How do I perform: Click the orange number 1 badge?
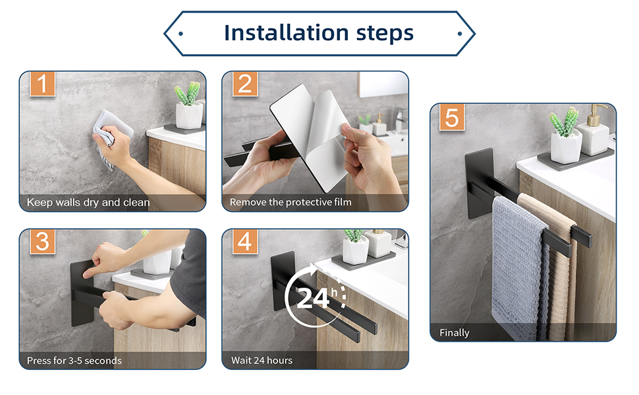pyautogui.click(x=42, y=84)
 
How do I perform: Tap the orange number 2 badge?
pyautogui.click(x=245, y=84)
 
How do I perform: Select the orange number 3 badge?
pyautogui.click(x=42, y=242)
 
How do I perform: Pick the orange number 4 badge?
pyautogui.click(x=245, y=242)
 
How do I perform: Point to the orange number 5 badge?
pyautogui.click(x=452, y=117)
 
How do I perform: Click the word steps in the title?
pyautogui.click(x=385, y=34)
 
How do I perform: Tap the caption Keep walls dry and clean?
pyautogui.click(x=88, y=202)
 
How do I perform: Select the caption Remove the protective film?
pyautogui.click(x=290, y=202)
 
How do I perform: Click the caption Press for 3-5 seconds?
pyautogui.click(x=74, y=360)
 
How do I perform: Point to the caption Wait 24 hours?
pyautogui.click(x=262, y=360)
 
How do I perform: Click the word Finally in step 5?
pyautogui.click(x=455, y=333)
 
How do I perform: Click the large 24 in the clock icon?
pyautogui.click(x=312, y=298)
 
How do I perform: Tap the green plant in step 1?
pyautogui.click(x=188, y=93)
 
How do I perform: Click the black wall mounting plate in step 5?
pyautogui.click(x=480, y=183)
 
